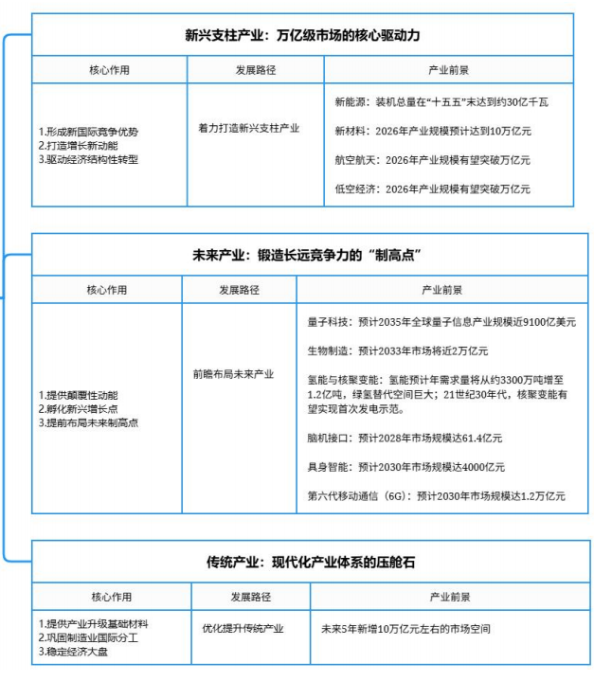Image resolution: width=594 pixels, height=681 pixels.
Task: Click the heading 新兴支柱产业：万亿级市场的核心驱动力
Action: click(x=302, y=36)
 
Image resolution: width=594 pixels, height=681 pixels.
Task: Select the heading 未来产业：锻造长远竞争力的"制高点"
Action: click(x=302, y=255)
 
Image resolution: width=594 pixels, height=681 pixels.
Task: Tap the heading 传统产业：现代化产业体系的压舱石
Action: click(x=302, y=562)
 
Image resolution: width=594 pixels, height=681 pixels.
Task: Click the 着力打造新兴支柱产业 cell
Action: click(x=249, y=128)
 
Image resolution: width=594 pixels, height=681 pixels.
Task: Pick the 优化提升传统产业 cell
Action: click(x=243, y=627)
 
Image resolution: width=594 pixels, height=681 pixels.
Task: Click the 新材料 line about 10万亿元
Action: click(x=433, y=130)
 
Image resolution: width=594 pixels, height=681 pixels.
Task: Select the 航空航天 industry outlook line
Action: click(x=433, y=159)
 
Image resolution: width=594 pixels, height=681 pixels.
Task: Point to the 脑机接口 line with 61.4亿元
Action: click(x=405, y=438)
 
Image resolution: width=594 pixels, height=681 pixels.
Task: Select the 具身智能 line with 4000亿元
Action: click(x=406, y=467)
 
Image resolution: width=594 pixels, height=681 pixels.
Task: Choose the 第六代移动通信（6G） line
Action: click(x=437, y=495)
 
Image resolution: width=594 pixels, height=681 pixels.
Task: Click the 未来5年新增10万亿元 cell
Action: click(x=405, y=628)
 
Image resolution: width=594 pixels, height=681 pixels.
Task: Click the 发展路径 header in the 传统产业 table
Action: click(x=250, y=598)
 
